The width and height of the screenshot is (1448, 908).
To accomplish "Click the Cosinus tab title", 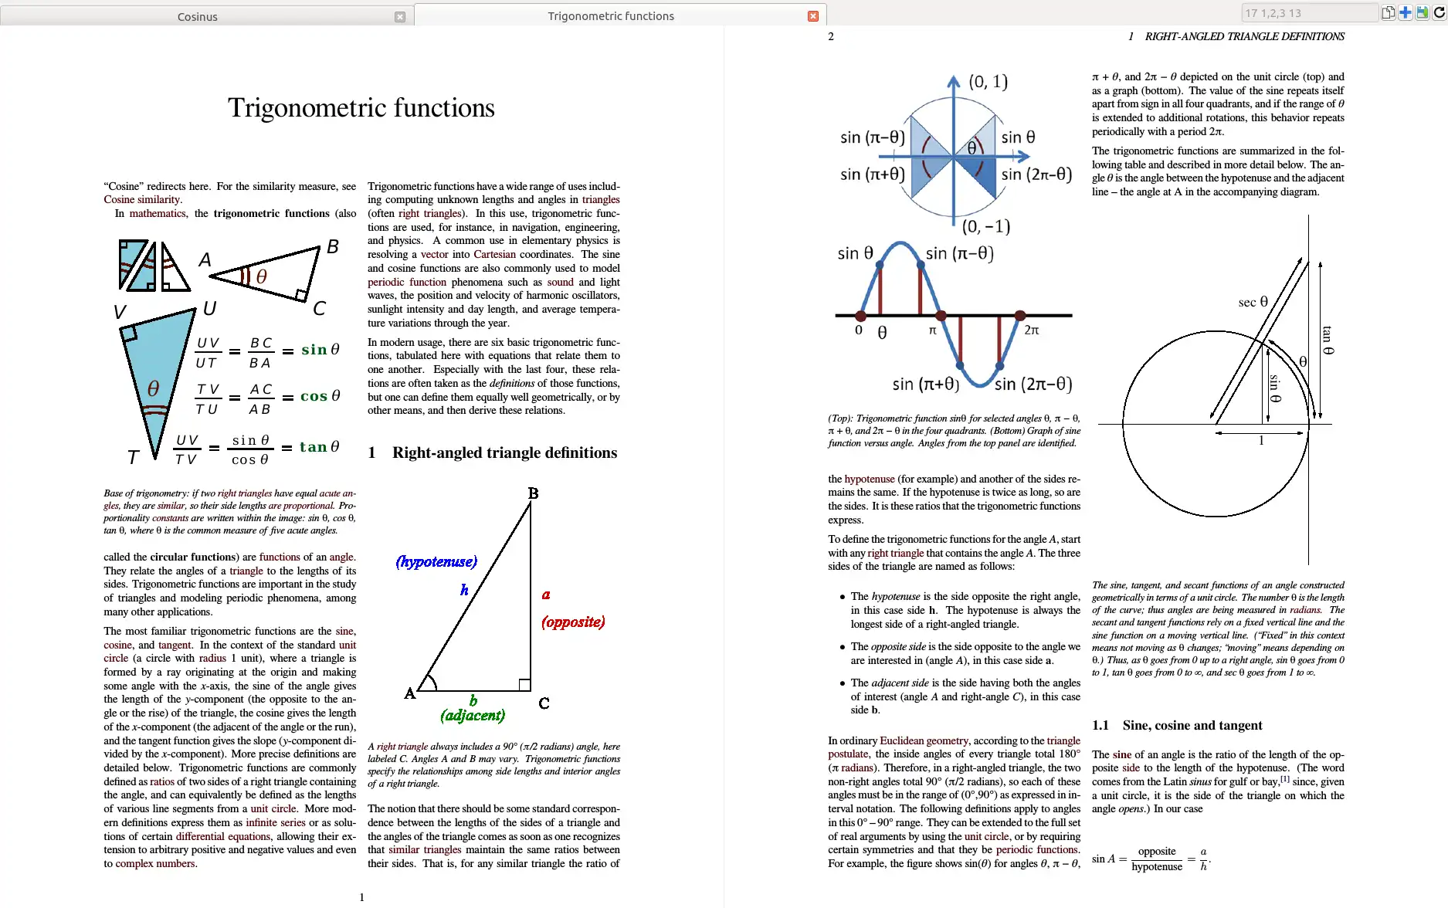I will pyautogui.click(x=198, y=17).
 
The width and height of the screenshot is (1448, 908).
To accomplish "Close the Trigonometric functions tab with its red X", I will pyautogui.click(x=812, y=16).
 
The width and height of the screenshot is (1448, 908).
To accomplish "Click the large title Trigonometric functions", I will pyautogui.click(x=361, y=108).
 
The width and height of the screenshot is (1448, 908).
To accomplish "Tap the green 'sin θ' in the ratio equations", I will pyautogui.click(x=320, y=350).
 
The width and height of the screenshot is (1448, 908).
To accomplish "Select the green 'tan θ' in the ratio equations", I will pyautogui.click(x=320, y=447).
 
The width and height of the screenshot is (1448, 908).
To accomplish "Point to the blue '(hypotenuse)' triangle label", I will pyautogui.click(x=436, y=561).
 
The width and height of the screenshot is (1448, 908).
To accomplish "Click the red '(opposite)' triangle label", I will pyautogui.click(x=573, y=622).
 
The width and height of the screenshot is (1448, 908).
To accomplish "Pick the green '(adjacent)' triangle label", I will pyautogui.click(x=473, y=715).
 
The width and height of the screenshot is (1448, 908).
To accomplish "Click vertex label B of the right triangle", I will pyautogui.click(x=533, y=493).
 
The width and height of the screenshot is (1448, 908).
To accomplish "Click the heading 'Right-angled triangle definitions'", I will pyautogui.click(x=504, y=453).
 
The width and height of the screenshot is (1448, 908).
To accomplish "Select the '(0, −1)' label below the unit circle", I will pyautogui.click(x=986, y=226).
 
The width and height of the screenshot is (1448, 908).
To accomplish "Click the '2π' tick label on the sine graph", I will pyautogui.click(x=1032, y=330).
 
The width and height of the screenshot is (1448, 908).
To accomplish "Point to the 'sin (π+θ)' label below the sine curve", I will pyautogui.click(x=925, y=384).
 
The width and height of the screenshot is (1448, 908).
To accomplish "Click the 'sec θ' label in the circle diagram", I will pyautogui.click(x=1253, y=302).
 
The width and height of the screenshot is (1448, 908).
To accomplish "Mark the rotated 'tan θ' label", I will pyautogui.click(x=1327, y=340).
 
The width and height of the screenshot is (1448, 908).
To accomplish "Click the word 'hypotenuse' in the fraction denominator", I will pyautogui.click(x=1156, y=867).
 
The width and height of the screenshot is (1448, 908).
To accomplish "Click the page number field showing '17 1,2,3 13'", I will pyautogui.click(x=1308, y=13).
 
